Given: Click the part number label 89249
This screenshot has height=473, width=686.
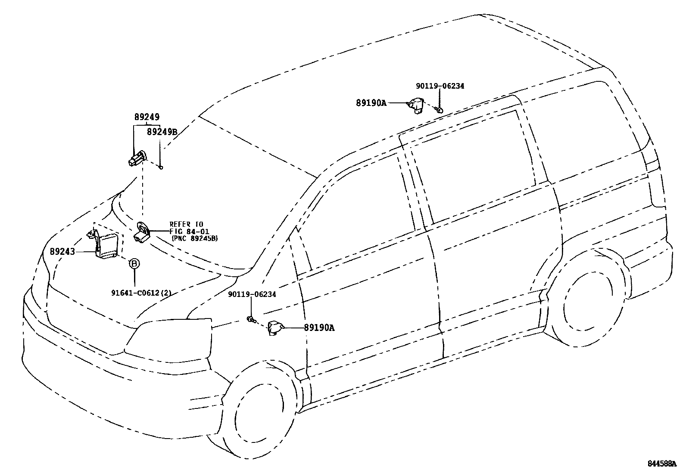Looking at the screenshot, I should tap(147, 117).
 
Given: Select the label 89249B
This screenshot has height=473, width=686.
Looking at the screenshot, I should tap(162, 132).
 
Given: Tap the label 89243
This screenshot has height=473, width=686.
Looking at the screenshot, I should tap(62, 251).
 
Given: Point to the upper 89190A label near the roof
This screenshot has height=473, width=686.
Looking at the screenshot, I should tap(371, 103).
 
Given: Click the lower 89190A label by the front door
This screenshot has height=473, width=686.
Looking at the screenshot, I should tap(319, 328).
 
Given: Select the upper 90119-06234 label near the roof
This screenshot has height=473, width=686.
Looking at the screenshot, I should tap(440, 86).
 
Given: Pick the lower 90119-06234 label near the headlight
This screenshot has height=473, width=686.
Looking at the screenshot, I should tap(252, 294).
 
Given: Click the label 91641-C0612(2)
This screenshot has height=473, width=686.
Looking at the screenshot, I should tap(141, 293).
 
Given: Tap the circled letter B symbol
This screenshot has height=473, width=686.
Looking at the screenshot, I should tap(134, 263).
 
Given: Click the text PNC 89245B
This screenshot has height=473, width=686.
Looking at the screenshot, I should tap(194, 238).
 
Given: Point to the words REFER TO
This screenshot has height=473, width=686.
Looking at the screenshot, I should tap(186, 224).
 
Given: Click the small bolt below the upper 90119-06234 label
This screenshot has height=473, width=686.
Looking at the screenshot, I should tap(439, 110).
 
